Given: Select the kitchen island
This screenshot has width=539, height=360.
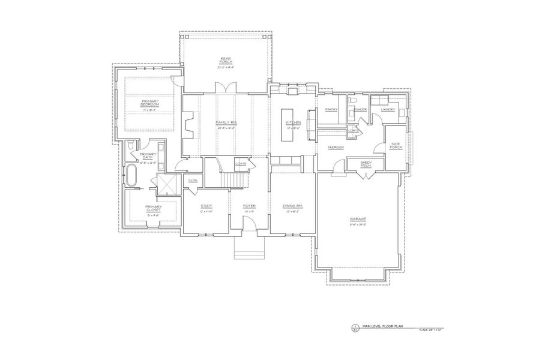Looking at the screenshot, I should [286, 124].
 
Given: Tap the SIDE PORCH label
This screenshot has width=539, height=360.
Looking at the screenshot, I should [396, 146].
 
